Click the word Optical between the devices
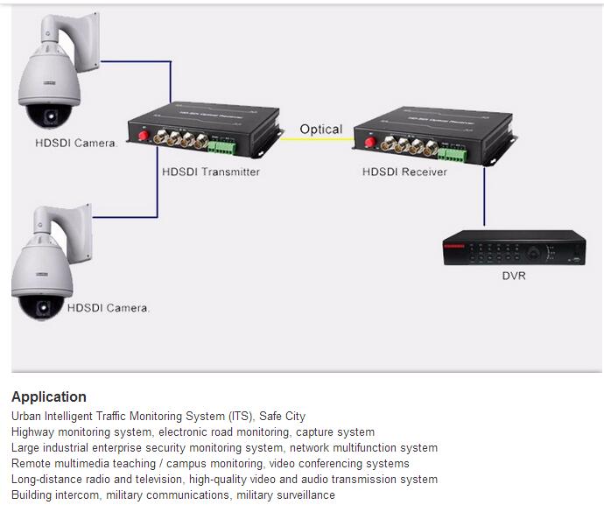(x=320, y=130)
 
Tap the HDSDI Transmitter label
(x=211, y=172)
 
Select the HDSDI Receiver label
(x=404, y=172)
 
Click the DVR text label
(x=514, y=276)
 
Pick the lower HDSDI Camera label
(x=109, y=307)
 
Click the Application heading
(x=49, y=396)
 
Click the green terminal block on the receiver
(x=452, y=153)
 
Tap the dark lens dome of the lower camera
(x=41, y=307)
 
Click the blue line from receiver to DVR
(x=483, y=201)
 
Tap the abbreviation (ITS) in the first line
(x=237, y=417)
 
